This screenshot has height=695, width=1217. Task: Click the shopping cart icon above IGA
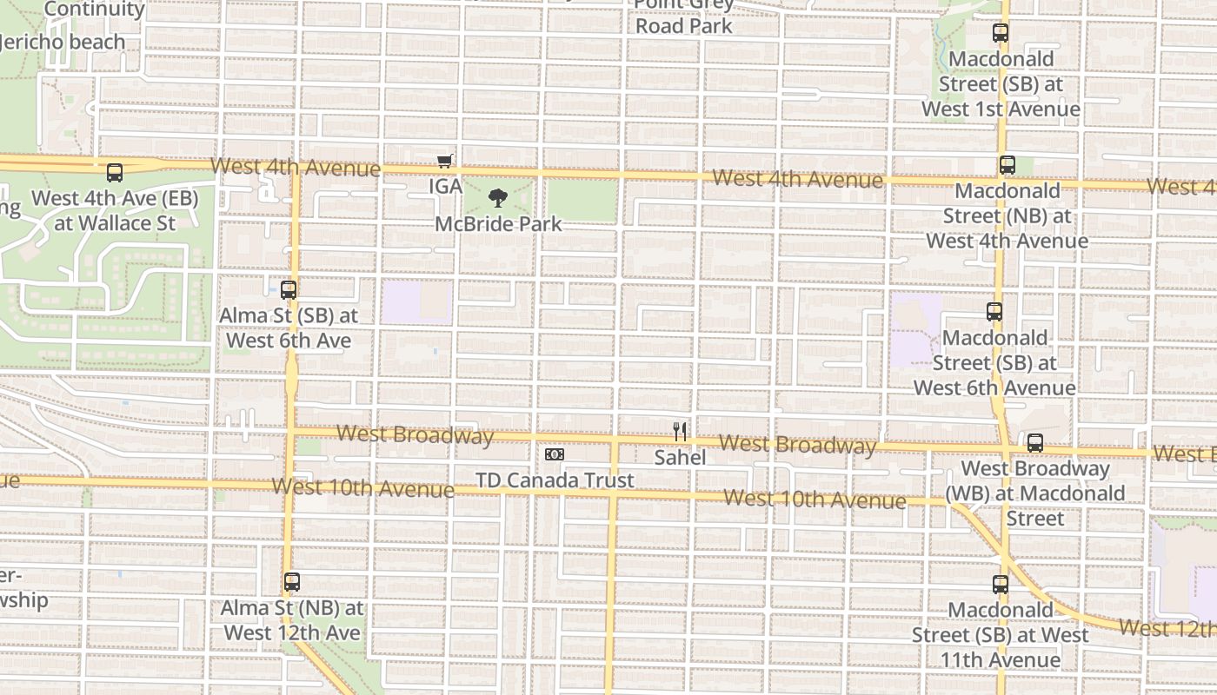[445, 161]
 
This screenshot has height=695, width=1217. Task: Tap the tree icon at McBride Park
[497, 198]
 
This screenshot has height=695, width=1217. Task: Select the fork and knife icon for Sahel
[680, 431]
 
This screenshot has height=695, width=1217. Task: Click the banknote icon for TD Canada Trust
[554, 454]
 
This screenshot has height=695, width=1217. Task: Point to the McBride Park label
[498, 224]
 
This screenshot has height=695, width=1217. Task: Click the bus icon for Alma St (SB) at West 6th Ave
[289, 290]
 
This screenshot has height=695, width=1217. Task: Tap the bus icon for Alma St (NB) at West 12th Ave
[292, 582]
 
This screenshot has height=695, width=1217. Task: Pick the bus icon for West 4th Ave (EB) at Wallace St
[115, 173]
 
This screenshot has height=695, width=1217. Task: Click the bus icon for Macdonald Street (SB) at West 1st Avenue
[1001, 34]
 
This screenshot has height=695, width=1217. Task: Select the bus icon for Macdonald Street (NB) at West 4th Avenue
[1007, 165]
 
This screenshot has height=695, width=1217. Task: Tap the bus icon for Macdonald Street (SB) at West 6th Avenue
[994, 312]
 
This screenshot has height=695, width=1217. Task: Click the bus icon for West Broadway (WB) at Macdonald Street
[1034, 443]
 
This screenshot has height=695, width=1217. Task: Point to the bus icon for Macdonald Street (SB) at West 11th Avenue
[1001, 585]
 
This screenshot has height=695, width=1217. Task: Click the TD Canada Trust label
[554, 480]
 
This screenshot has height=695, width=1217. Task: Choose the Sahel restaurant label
[680, 457]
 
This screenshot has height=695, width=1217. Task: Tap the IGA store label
[445, 187]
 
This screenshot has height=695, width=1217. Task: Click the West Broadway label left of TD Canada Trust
[415, 434]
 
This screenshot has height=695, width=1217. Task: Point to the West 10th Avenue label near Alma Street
[362, 487]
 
